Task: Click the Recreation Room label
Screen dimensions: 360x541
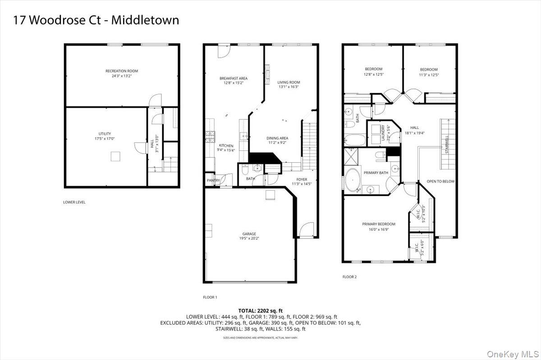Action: pyautogui.click(x=122, y=71)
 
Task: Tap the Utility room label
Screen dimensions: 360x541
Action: pyautogui.click(x=105, y=134)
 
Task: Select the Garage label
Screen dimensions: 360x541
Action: pyautogui.click(x=249, y=234)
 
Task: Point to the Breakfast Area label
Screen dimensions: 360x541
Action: pyautogui.click(x=233, y=78)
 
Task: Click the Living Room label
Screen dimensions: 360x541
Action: pyautogui.click(x=289, y=82)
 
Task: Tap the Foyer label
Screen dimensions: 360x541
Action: pyautogui.click(x=302, y=179)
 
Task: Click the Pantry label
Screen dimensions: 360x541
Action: pyautogui.click(x=213, y=181)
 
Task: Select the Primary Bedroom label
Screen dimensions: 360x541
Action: pyautogui.click(x=379, y=224)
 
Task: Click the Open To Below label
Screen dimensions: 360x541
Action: pyautogui.click(x=441, y=181)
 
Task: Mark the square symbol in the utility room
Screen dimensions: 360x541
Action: pyautogui.click(x=116, y=156)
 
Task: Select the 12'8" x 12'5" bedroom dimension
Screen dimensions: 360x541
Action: pyautogui.click(x=374, y=74)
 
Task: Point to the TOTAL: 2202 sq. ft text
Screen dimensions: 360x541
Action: pyautogui.click(x=261, y=311)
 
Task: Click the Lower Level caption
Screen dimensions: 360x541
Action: pyautogui.click(x=74, y=202)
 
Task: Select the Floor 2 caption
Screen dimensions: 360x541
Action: pyautogui.click(x=349, y=277)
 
